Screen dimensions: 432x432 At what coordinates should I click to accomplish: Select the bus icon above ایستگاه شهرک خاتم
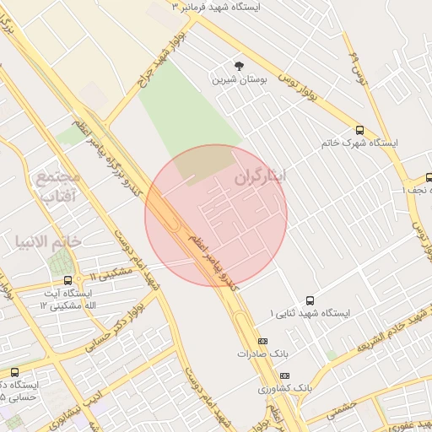tap(360, 130)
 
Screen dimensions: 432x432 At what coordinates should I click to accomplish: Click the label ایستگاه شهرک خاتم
tap(359, 143)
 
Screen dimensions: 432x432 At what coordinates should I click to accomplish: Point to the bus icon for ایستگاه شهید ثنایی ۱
tap(310, 300)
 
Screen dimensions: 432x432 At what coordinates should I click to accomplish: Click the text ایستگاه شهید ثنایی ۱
tap(309, 313)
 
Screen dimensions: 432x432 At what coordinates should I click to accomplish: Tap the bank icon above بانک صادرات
tap(262, 341)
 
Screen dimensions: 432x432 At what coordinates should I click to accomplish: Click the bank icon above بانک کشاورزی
tap(284, 375)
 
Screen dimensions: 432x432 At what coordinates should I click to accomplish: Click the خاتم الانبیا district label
tap(60, 241)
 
